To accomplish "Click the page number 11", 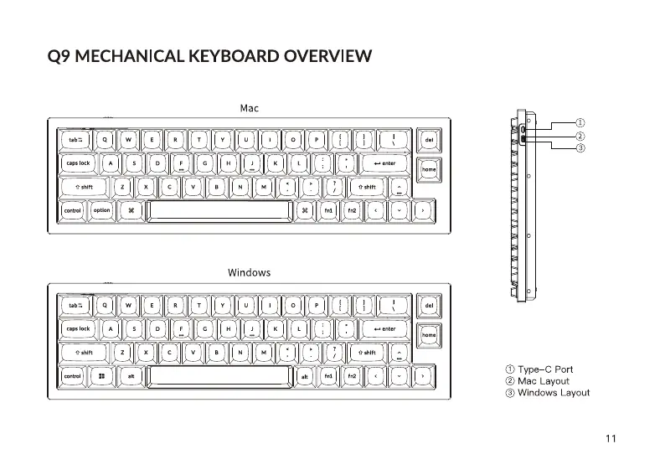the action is click(x=610, y=437).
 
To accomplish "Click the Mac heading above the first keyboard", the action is click(x=249, y=108).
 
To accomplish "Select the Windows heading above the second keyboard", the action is click(x=249, y=272).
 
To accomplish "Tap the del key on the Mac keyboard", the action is click(x=429, y=140).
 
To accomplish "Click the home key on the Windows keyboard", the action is click(x=429, y=334).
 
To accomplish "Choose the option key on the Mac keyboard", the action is click(x=101, y=210).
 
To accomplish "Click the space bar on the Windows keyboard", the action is click(x=219, y=376).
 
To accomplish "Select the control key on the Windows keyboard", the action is click(x=72, y=376).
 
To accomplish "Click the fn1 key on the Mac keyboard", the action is click(x=329, y=210).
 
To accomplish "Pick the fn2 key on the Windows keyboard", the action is click(x=353, y=376).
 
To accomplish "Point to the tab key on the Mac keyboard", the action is click(x=75, y=140).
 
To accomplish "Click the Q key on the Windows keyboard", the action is click(x=105, y=306).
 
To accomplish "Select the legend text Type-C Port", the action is click(x=545, y=369).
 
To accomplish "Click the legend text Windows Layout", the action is click(x=553, y=392).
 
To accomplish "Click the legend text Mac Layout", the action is click(x=543, y=380).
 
